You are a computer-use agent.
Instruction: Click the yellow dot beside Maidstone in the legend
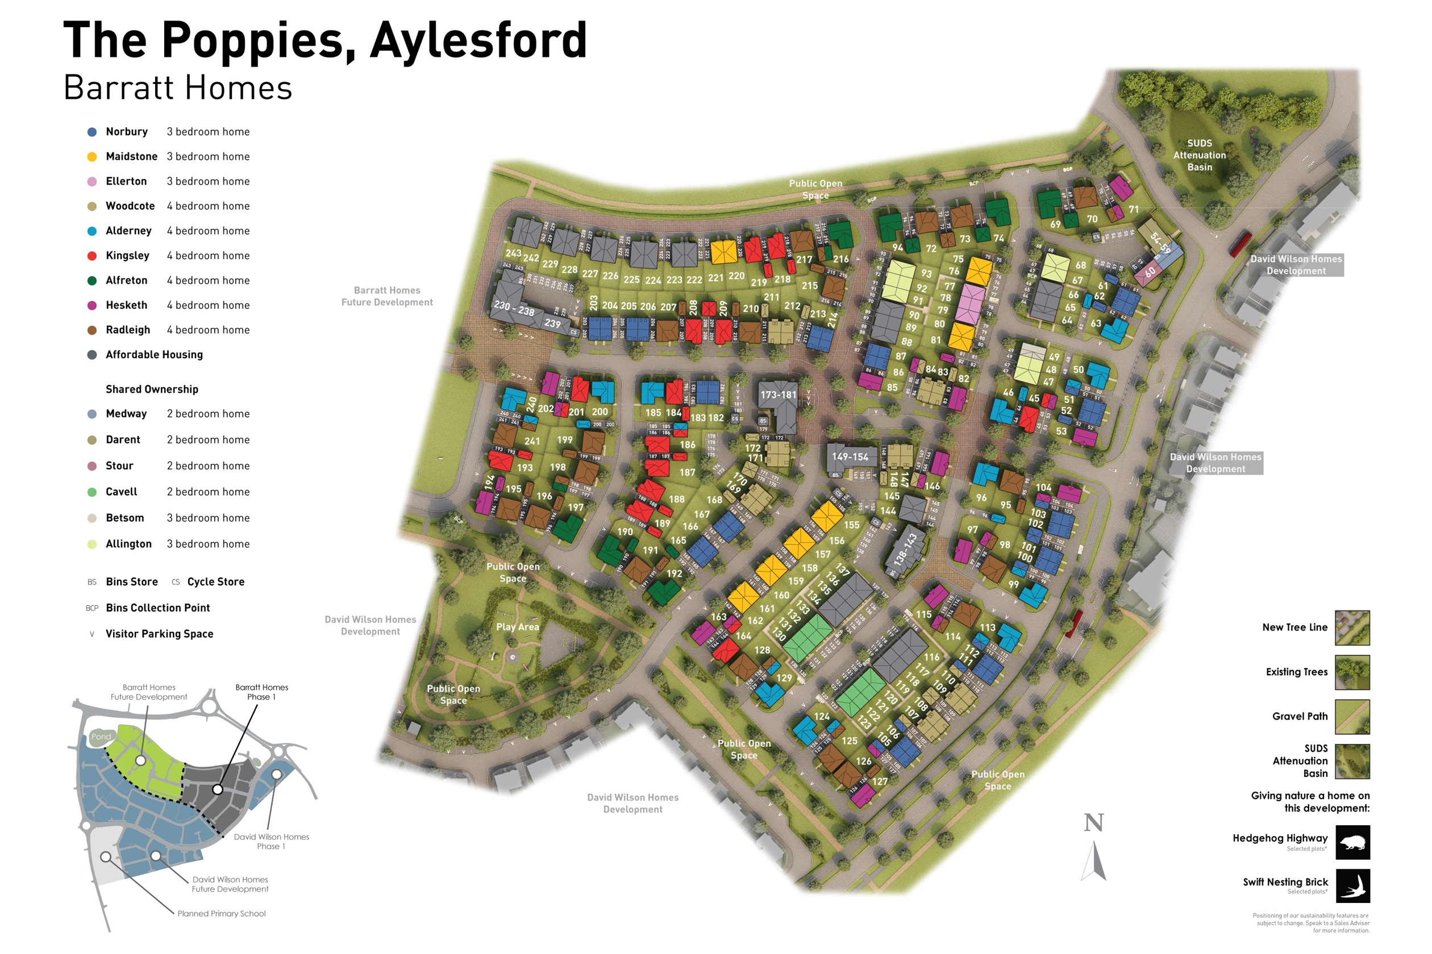[92, 156]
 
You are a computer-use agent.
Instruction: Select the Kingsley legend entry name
[127, 256]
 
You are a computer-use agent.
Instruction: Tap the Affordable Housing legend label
[154, 355]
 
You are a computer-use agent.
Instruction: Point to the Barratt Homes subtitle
[178, 88]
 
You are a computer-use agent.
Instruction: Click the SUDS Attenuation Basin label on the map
[1200, 155]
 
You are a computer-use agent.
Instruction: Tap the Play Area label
[518, 627]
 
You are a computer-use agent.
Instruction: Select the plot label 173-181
[779, 395]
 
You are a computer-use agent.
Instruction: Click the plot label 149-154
[850, 457]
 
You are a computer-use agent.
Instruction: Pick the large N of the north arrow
[1093, 823]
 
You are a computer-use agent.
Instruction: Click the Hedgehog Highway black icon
[1353, 843]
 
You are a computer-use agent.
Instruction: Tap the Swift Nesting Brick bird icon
[1353, 886]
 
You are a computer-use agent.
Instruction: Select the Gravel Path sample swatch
[1352, 717]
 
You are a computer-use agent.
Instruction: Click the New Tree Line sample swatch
[1352, 628]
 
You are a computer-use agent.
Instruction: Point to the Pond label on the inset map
[101, 737]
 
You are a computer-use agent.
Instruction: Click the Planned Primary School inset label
[221, 914]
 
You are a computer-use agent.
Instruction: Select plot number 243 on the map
[513, 253]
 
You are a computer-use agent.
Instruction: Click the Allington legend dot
[92, 545]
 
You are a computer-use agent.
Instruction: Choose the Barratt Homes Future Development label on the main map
[387, 296]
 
